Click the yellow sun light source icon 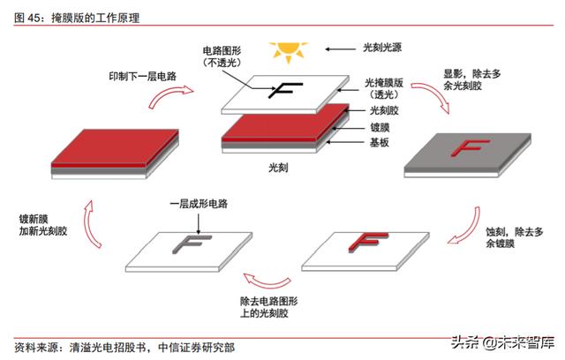tap(288, 51)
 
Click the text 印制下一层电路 tap(142, 77)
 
